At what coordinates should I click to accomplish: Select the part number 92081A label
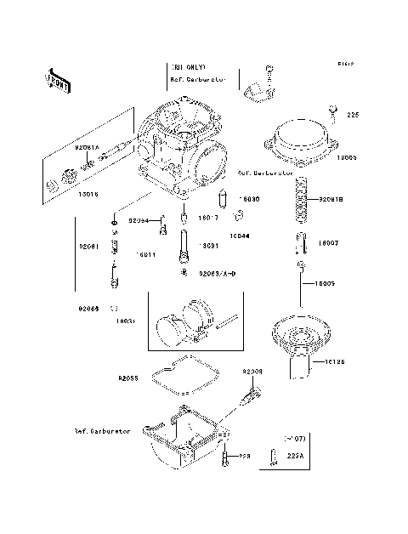coord(88,147)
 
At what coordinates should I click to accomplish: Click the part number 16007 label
coord(329,243)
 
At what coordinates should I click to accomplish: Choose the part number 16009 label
coord(330,284)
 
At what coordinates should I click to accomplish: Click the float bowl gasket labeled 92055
coord(183,378)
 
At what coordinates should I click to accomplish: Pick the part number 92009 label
coord(252,372)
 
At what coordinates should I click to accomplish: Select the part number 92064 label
coord(139,221)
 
